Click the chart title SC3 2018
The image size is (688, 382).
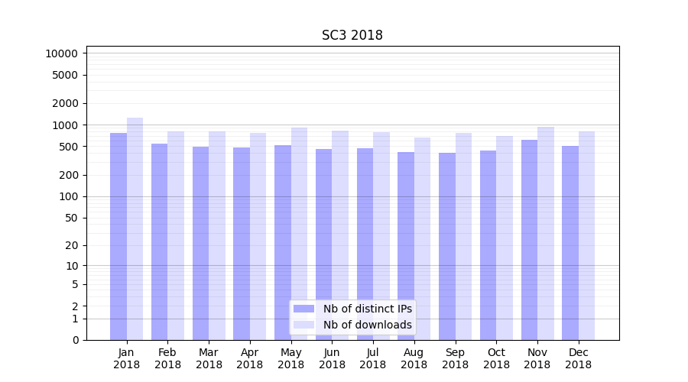click(352, 35)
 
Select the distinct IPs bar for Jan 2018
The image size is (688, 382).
click(118, 237)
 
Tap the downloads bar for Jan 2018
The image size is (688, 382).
click(135, 229)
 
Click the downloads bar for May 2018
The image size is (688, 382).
click(299, 234)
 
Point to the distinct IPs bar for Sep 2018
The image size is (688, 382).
click(447, 246)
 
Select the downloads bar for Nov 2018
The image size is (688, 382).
click(546, 233)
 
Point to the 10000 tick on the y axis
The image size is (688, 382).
click(61, 53)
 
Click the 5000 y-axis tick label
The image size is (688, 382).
click(64, 75)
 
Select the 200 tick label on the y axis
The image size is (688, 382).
click(67, 175)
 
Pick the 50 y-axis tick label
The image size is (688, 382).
click(70, 218)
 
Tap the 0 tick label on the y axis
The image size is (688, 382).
click(75, 340)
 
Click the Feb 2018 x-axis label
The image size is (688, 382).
click(167, 358)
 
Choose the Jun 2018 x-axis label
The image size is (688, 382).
click(332, 358)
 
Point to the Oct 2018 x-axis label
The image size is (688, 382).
click(496, 358)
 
